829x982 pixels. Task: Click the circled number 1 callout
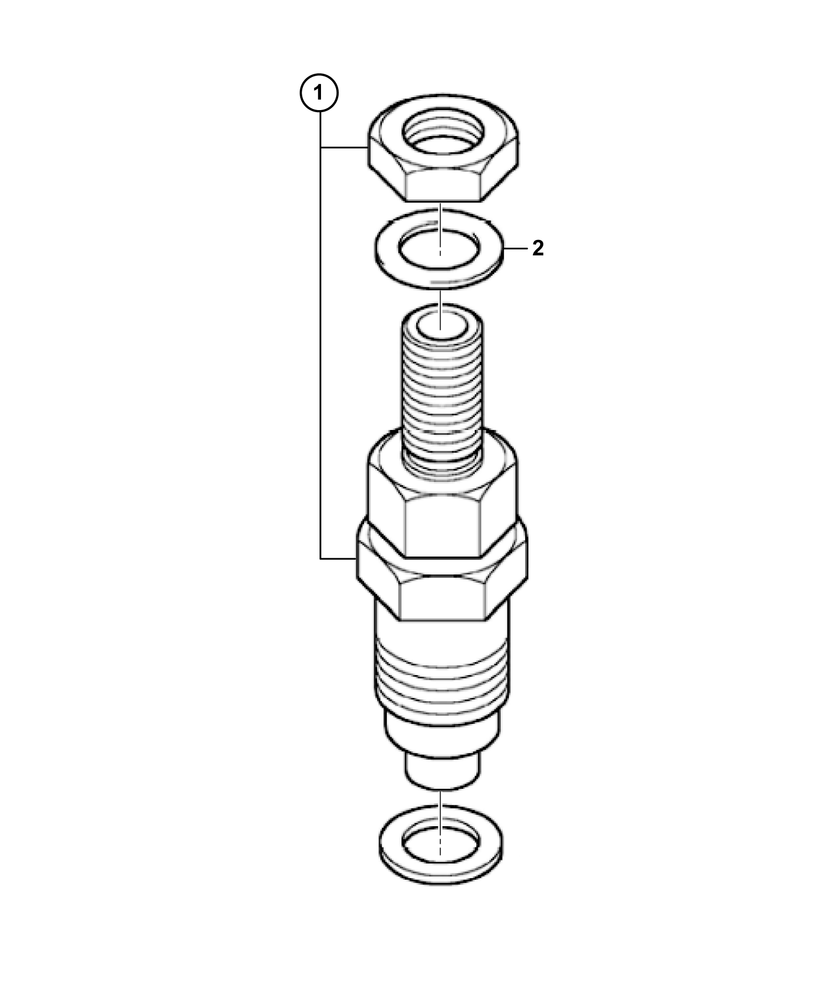319,93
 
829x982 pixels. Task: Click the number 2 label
538,249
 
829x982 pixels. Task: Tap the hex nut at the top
444,149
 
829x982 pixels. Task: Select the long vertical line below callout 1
320,335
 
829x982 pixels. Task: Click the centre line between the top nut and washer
440,228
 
